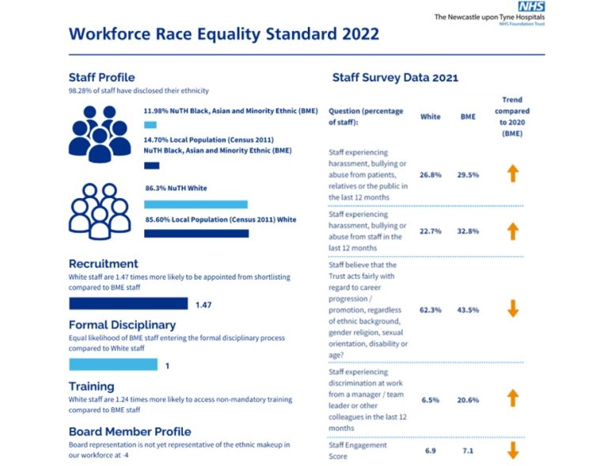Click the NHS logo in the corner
coord(531,6)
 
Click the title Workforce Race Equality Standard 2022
coord(224,34)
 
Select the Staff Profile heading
coord(101,77)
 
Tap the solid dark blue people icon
coord(99,131)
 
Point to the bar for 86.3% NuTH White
coord(195,204)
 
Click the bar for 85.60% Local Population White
coord(196,234)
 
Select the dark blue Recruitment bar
coord(128,304)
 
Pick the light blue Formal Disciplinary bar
coord(113,365)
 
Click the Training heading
coord(92,386)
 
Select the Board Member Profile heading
coord(129,432)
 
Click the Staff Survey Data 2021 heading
coord(394,78)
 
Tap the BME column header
coord(468,116)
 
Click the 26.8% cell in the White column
coord(430,175)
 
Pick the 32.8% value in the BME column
coord(468,231)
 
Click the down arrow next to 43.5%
coord(512,310)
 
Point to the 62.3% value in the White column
coord(430,310)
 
